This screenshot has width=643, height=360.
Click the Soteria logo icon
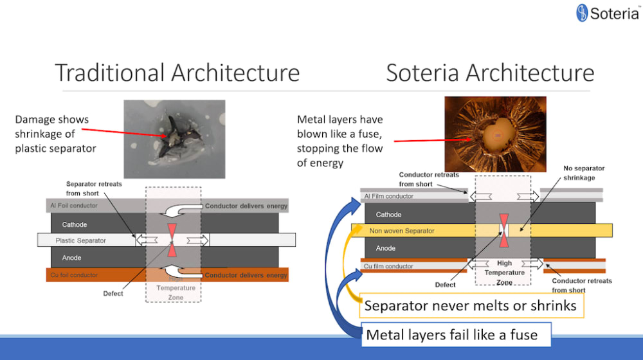(x=583, y=13)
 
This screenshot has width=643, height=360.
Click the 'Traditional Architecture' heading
(x=177, y=73)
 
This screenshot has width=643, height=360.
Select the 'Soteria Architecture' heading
(x=490, y=73)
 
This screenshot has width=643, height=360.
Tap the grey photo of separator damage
(x=174, y=139)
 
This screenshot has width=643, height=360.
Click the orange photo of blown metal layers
(x=495, y=135)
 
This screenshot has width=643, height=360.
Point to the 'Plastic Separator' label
(x=81, y=240)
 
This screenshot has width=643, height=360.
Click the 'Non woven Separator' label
(x=402, y=230)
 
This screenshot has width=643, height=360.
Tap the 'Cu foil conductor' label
(x=74, y=275)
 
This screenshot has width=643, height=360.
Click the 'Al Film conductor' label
(x=389, y=196)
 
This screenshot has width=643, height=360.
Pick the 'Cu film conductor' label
(x=388, y=266)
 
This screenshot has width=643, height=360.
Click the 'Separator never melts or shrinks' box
(x=470, y=306)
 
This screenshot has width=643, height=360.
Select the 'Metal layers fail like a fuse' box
(x=451, y=335)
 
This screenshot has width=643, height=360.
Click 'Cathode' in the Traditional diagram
(x=75, y=225)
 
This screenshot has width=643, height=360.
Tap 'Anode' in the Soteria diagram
(x=386, y=248)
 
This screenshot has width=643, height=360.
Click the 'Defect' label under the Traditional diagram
(x=113, y=294)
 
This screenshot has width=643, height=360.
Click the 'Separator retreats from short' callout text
(x=93, y=189)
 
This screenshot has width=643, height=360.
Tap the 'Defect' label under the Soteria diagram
(x=445, y=285)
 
